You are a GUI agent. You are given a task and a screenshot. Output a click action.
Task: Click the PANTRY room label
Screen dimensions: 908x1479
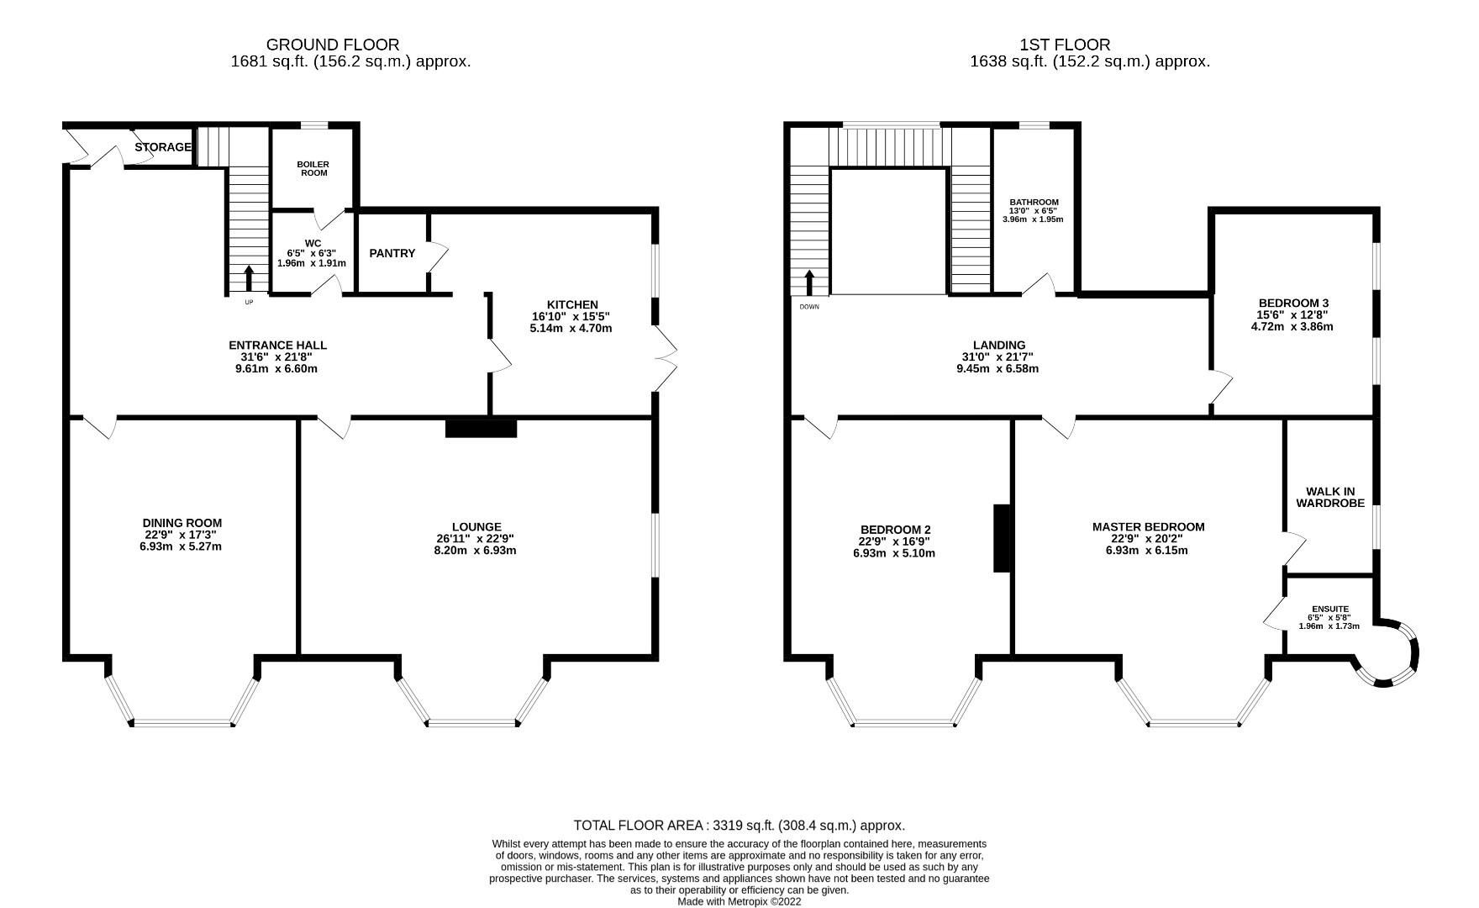coord(392,253)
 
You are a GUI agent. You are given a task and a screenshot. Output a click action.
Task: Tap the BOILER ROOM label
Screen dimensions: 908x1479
coord(312,168)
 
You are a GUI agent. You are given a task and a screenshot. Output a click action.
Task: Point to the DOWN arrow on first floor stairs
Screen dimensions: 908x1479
coord(809,282)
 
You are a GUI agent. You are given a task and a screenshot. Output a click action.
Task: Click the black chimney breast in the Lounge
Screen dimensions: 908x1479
coord(481,428)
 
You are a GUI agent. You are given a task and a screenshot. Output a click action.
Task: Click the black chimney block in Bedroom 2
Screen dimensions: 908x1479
coord(1002,539)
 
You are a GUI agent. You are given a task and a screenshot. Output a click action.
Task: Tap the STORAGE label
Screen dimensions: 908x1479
coord(163,147)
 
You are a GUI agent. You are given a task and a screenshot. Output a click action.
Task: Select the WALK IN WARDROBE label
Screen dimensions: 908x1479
coord(1329,497)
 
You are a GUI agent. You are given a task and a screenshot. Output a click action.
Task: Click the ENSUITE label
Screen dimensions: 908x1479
coord(1329,609)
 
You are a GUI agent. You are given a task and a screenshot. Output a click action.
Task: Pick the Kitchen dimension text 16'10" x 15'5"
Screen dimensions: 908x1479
coord(571,316)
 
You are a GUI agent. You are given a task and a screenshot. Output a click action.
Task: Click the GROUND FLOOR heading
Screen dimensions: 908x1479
coord(332,45)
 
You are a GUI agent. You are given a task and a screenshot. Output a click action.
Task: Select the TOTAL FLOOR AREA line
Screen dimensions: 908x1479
coord(739,826)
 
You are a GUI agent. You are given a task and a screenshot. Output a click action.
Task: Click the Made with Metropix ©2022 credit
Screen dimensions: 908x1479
coord(739,901)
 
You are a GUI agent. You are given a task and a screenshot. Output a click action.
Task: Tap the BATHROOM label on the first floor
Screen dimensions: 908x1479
coord(1034,203)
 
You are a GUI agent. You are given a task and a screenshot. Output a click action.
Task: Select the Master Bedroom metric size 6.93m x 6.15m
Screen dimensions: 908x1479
coord(1147,551)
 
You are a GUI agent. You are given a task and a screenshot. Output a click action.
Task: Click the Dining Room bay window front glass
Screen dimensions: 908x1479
coord(183,722)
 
